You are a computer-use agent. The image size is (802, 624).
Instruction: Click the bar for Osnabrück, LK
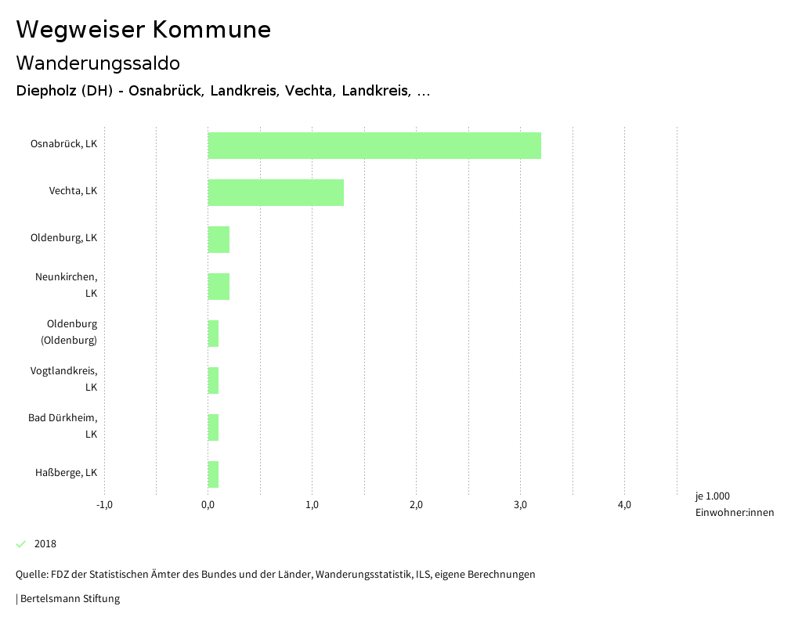[374, 146]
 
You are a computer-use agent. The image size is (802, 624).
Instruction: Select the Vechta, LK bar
[276, 193]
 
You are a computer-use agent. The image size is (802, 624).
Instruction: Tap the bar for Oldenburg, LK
[219, 240]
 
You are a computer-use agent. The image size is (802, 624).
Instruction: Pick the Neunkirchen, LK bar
[219, 287]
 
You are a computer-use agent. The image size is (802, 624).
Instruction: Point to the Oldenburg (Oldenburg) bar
[213, 334]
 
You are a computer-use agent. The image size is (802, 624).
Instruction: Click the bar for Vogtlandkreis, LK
[213, 381]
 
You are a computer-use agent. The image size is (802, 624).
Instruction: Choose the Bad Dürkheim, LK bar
[213, 427]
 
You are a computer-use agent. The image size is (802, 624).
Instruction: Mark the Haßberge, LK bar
[213, 474]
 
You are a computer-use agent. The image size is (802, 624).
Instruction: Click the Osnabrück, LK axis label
[63, 144]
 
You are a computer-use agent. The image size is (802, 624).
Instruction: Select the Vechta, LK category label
[73, 191]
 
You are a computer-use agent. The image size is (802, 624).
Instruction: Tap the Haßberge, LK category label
[66, 473]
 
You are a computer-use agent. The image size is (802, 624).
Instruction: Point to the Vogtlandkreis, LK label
[63, 379]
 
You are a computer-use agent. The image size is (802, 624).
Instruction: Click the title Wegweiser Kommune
[143, 30]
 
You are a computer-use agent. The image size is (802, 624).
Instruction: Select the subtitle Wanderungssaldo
[98, 63]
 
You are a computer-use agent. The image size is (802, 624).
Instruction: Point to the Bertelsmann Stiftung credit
[69, 599]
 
